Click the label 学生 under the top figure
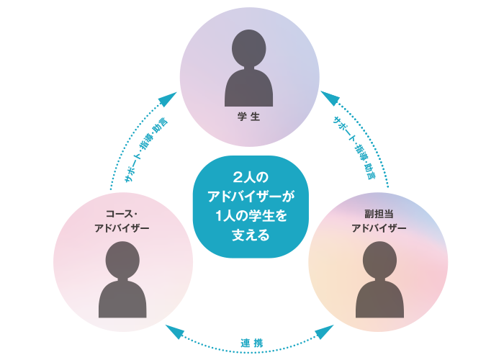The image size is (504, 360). coord(249,116)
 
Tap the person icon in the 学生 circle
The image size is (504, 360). coord(249,72)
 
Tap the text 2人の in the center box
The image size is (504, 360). coord(251,177)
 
